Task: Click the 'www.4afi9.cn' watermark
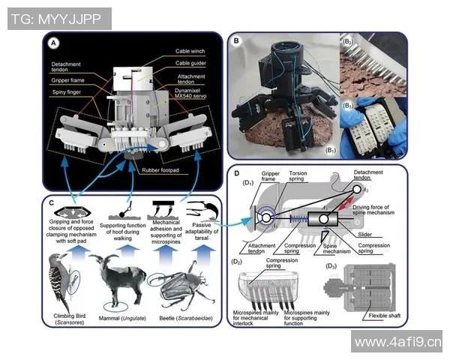pos(397,343)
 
